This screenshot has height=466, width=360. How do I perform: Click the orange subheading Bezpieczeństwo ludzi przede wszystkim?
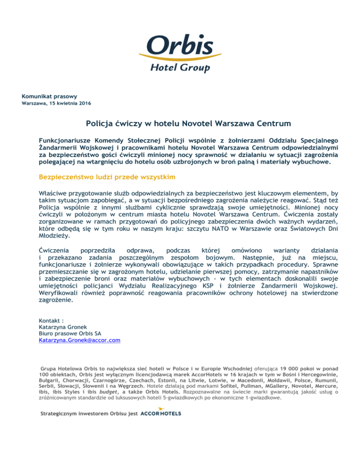point(105,178)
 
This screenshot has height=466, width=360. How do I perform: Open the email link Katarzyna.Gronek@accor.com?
point(80,340)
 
